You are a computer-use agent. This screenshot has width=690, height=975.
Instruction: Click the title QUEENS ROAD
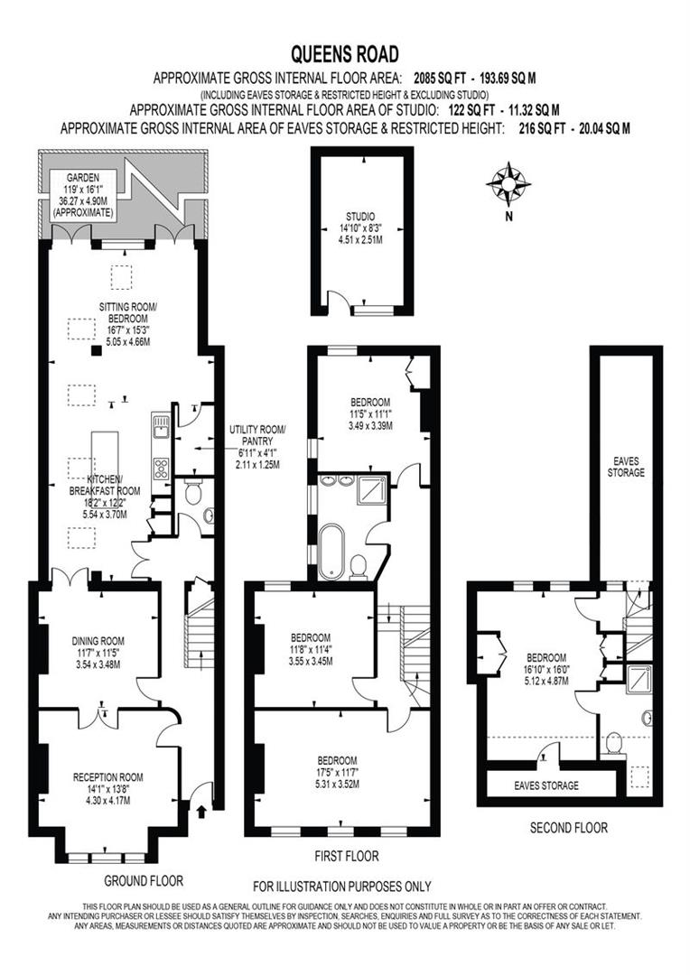coord(344,55)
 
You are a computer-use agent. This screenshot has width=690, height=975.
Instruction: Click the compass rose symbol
coord(508,183)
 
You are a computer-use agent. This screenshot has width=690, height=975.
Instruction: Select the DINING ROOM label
coord(98,642)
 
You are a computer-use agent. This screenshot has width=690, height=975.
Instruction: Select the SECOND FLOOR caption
coord(568,827)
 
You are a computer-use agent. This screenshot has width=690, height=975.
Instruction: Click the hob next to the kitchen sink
coord(161,468)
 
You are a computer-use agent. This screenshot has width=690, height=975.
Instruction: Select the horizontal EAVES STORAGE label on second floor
coord(546,785)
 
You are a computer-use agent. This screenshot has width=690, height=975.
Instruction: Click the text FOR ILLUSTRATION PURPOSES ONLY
coord(341,887)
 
